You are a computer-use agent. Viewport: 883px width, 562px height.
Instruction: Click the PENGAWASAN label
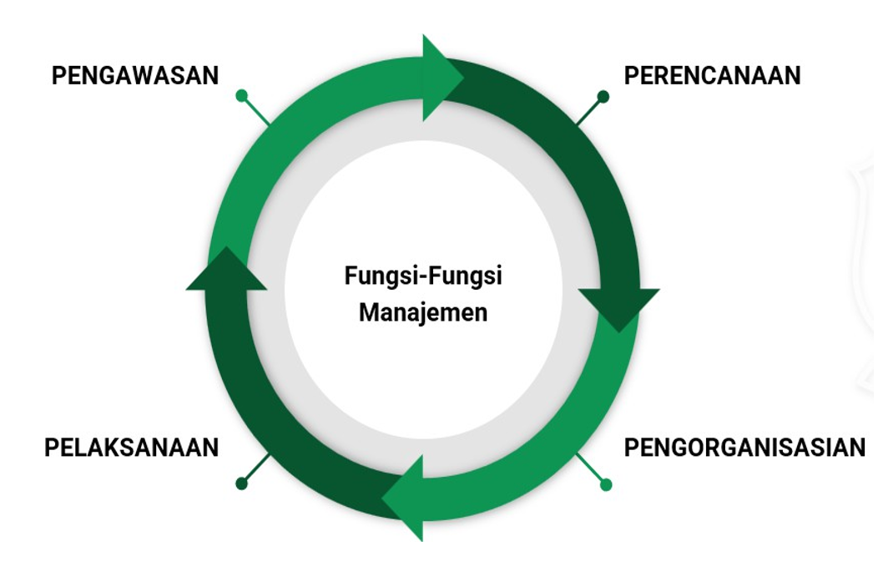point(134,76)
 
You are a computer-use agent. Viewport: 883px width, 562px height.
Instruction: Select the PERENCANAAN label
point(712,76)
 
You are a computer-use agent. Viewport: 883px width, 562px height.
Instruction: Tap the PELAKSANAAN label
point(131,448)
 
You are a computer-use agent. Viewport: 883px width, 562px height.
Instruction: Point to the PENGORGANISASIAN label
point(744,448)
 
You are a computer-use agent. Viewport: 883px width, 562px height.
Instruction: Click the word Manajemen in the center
point(423,314)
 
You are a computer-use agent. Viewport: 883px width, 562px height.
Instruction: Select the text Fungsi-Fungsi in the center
point(423,276)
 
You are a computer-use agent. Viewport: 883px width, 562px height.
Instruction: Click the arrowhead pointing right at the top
point(441,78)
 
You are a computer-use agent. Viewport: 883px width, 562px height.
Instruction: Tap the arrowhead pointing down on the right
point(618,307)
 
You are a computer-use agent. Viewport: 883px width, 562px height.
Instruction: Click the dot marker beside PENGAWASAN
point(242,96)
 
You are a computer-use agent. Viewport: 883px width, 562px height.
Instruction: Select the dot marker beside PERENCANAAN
point(603,97)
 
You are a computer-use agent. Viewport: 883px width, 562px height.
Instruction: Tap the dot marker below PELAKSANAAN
point(242,484)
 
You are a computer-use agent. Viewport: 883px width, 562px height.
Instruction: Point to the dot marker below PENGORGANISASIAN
point(606,484)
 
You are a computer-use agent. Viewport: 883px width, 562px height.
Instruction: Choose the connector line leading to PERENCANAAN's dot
point(589,112)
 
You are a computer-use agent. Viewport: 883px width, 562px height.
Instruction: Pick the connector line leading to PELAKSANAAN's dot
point(256,468)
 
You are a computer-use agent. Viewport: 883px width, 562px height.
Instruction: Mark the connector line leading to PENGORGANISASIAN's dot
point(591,469)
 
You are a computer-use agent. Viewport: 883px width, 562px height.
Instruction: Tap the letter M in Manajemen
point(367,314)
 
